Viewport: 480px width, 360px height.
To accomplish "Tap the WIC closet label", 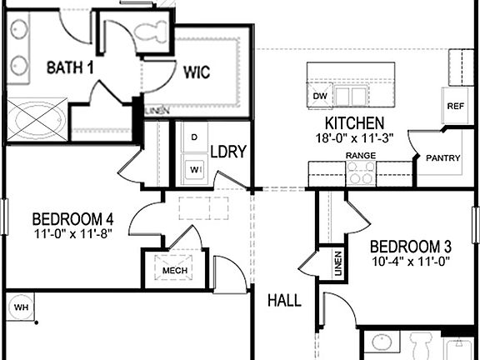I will pyautogui.click(x=197, y=72).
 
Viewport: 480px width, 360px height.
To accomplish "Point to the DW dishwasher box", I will pyautogui.click(x=319, y=96).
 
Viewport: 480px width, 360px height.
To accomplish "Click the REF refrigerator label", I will pyautogui.click(x=455, y=106).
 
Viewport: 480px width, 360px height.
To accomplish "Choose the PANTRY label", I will pyautogui.click(x=442, y=157).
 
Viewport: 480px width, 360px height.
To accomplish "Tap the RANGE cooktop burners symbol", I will pyautogui.click(x=361, y=173).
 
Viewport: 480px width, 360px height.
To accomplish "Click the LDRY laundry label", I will pyautogui.click(x=227, y=152).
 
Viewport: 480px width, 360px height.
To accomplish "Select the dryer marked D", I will pyautogui.click(x=194, y=137).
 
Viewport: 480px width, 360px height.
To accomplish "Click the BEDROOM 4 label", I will pyautogui.click(x=72, y=219).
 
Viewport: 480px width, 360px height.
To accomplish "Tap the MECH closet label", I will pyautogui.click(x=174, y=271).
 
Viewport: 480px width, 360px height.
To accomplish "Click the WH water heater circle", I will pyautogui.click(x=20, y=307).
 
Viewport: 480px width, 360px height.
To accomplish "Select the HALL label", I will pyautogui.click(x=284, y=300).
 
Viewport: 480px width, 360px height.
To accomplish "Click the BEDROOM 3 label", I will pyautogui.click(x=410, y=247).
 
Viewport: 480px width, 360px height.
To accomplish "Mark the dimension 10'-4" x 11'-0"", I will pyautogui.click(x=410, y=262).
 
